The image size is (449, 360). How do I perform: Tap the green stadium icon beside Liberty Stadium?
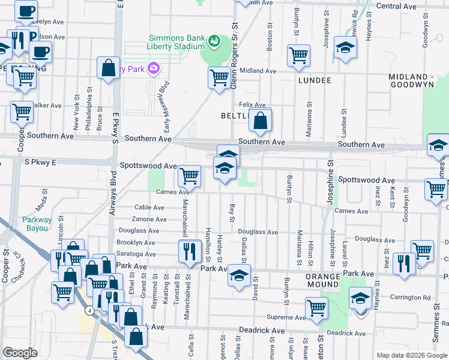pos(213,41)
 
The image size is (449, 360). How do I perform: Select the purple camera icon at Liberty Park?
pos(154,68)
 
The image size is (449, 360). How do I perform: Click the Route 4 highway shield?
pos(89,310)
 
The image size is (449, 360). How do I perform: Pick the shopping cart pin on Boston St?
pos(298,56)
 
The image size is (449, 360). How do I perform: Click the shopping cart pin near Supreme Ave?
pos(316,308)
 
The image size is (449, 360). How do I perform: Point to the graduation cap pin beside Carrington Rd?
pos(360,298)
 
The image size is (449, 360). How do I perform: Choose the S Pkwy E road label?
pos(40,162)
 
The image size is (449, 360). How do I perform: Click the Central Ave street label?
pos(396,6)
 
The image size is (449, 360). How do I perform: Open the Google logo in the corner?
pos(20,353)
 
